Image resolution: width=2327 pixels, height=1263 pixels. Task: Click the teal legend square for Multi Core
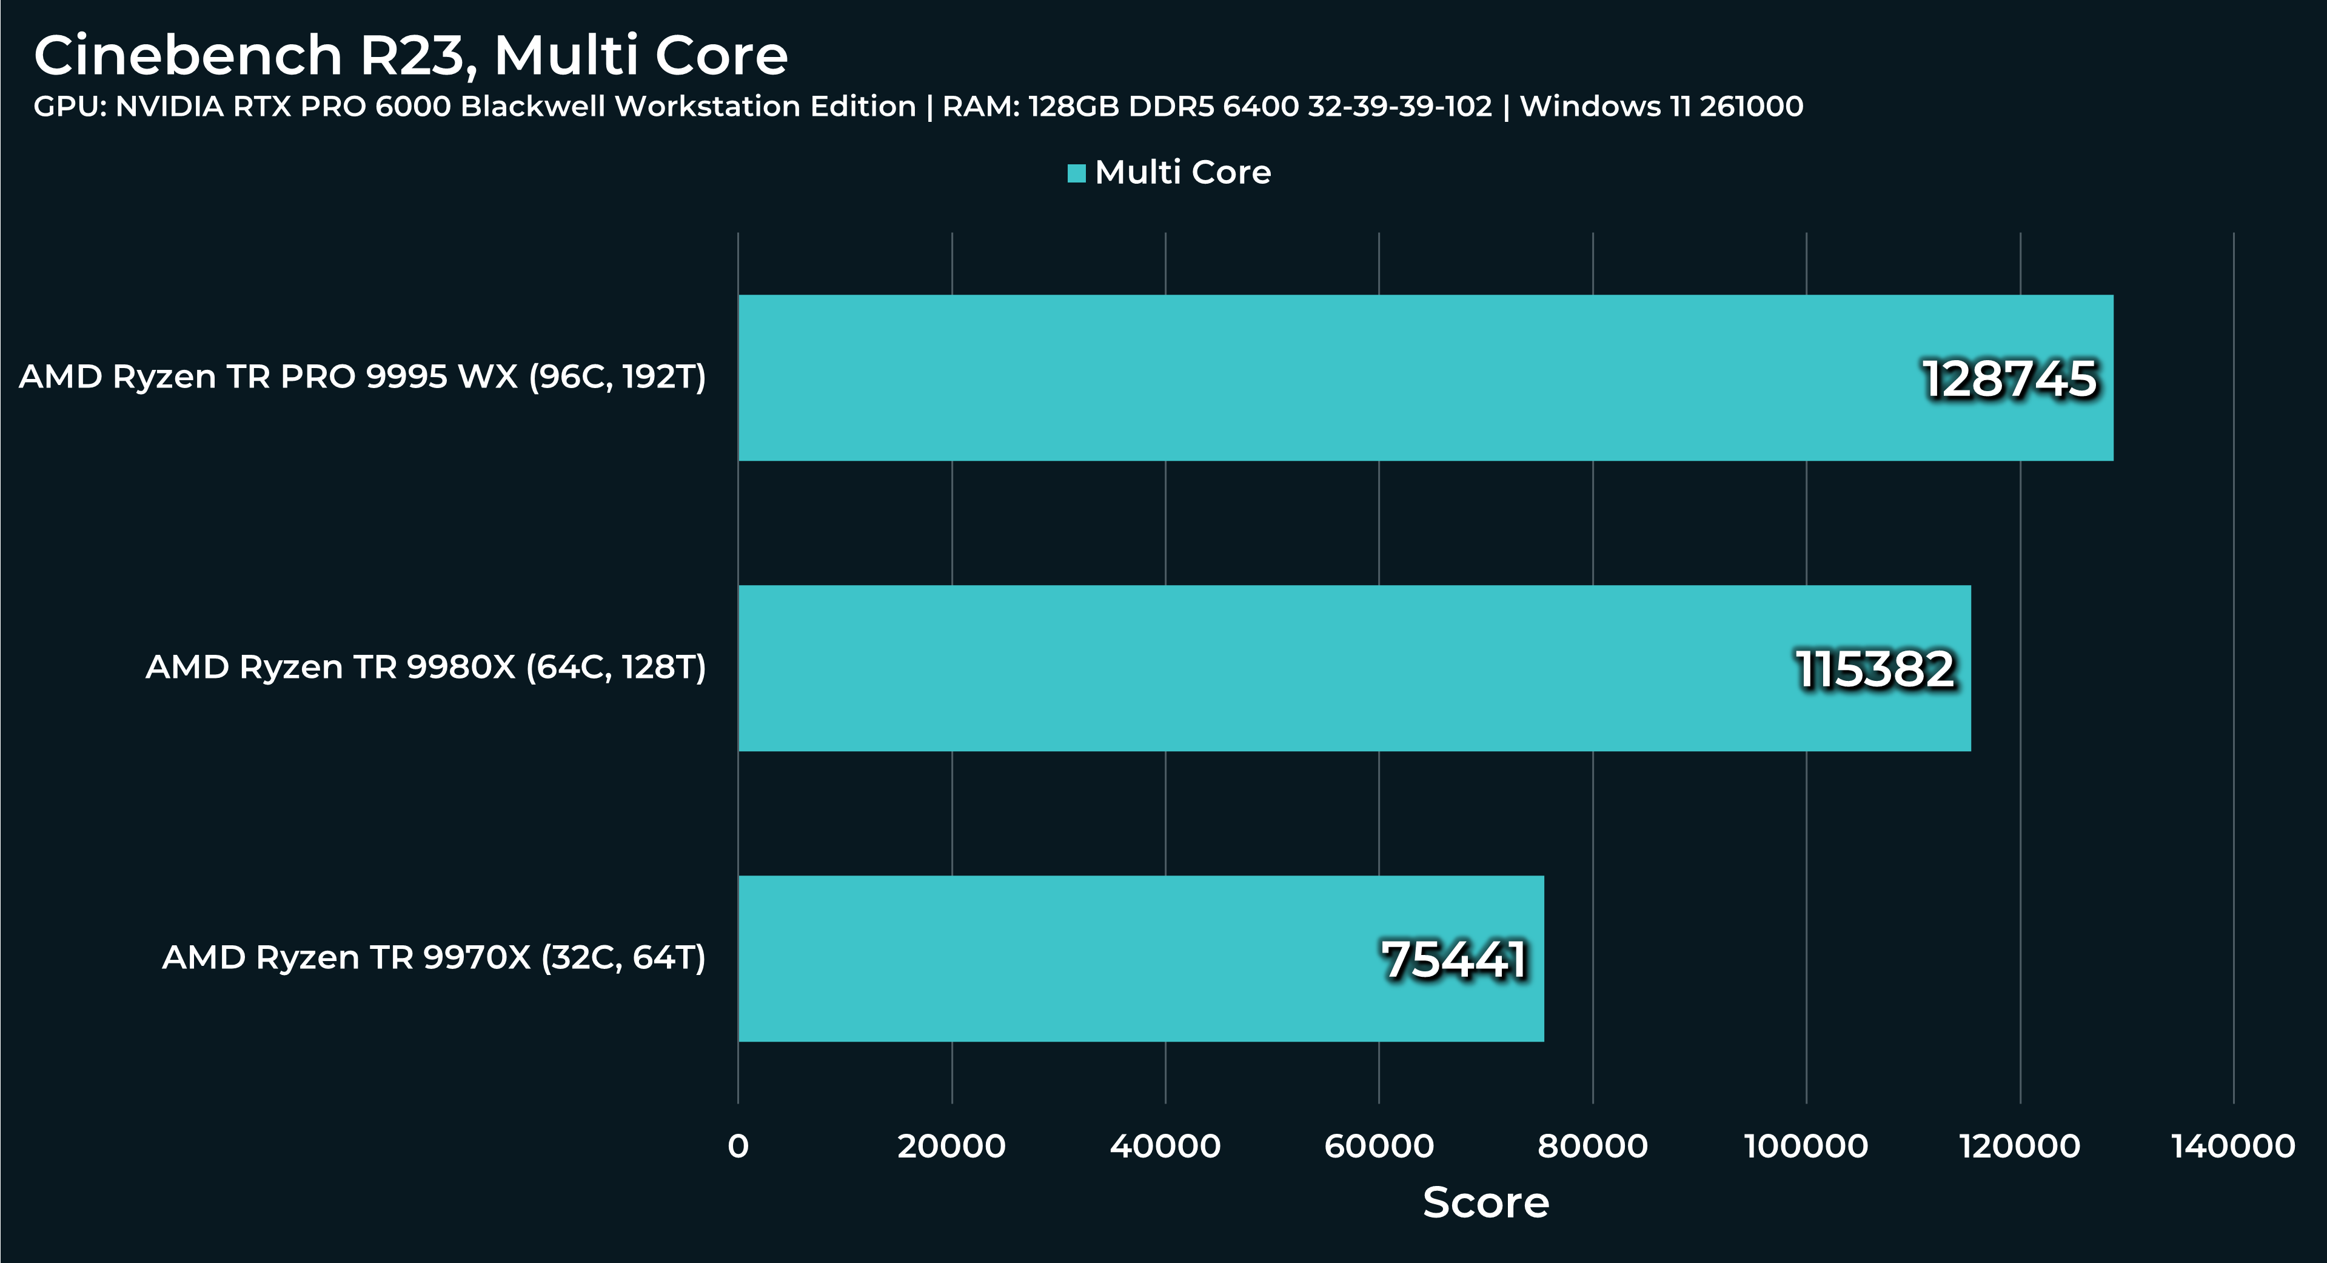click(x=1076, y=173)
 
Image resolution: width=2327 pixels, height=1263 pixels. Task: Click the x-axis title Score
click(x=1486, y=1202)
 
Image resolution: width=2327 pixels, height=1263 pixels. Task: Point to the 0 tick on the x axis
click(x=738, y=1147)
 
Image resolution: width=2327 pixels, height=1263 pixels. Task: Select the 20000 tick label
click(x=951, y=1147)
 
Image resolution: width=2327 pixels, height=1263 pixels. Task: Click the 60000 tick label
click(x=1379, y=1147)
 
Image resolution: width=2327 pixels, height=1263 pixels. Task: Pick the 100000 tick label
click(x=1806, y=1147)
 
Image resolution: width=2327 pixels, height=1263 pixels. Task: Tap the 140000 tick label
click(x=2233, y=1147)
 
